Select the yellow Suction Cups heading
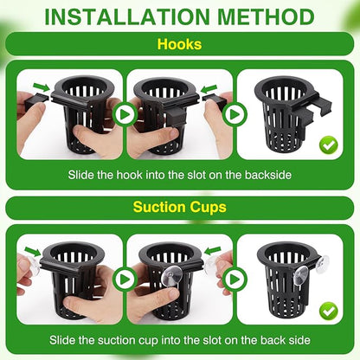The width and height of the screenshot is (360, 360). (179, 208)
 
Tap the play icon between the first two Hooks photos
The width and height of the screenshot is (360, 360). (125, 113)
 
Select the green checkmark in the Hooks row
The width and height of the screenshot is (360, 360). (328, 144)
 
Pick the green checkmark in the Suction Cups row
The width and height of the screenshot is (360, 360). (328, 309)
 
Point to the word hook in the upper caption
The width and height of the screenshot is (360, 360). (130, 174)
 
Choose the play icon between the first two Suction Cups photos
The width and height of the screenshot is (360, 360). (125, 280)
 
